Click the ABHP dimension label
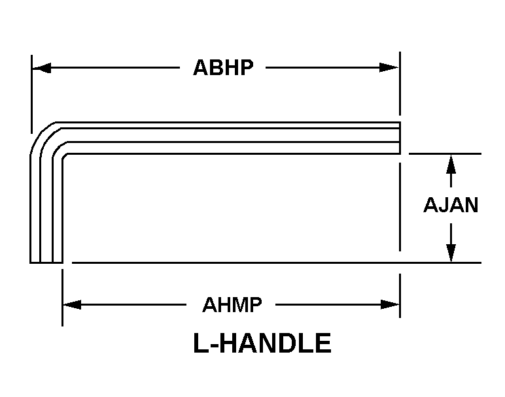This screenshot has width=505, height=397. coord(223,67)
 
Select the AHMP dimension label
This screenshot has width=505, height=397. coord(232,305)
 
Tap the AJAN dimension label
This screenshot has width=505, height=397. coord(451,205)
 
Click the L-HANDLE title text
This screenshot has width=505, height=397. coord(262,343)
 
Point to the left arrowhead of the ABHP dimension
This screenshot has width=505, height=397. coord(42,68)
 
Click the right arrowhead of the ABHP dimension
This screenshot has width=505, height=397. coord(389,68)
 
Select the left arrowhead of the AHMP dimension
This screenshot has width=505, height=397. coord(72,304)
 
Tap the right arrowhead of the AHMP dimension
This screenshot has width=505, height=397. coord(390,304)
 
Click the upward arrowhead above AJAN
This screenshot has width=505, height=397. coord(451,165)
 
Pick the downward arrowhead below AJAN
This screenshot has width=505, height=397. coord(451,253)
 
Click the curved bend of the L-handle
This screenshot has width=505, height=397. coord(45,138)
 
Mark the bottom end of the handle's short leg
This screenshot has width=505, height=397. coord(46,262)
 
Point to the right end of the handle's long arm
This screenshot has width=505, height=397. coord(400,138)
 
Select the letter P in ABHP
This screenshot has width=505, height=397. coord(246,67)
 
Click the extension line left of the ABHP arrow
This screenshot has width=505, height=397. coord(31,94)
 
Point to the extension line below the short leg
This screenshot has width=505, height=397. coord(63,298)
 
